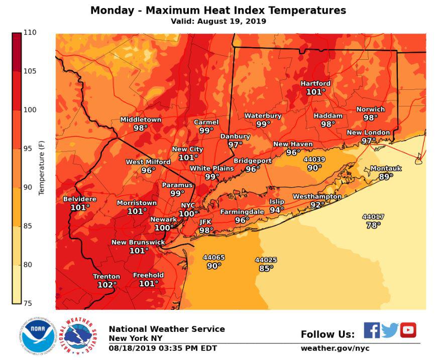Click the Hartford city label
coord(315,83)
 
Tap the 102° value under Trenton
coord(107,285)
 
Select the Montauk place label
coord(386,169)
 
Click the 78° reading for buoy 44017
coord(373,225)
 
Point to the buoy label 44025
coord(266,260)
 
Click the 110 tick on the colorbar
coord(30,33)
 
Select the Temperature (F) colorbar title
coord(42,168)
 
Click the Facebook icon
coord(372,330)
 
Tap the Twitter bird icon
coord(390,330)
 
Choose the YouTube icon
coord(408,330)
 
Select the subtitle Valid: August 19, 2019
coord(218,21)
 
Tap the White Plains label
coord(211,168)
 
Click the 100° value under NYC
coord(188,214)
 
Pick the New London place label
coord(368,132)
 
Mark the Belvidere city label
coord(79,199)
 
